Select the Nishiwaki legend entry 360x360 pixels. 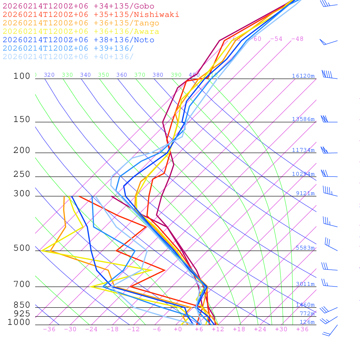[x=91, y=14]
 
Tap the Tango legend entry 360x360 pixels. [x=81, y=23]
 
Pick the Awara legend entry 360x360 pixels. [x=81, y=32]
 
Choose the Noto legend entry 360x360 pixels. [x=78, y=40]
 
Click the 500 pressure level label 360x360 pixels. [x=22, y=248]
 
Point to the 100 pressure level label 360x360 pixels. [x=22, y=76]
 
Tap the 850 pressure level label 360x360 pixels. [x=22, y=305]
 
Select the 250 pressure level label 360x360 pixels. [x=22, y=174]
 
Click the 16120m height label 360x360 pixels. [x=303, y=76]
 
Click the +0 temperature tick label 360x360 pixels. [x=178, y=329]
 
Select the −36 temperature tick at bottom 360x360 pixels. [x=49, y=329]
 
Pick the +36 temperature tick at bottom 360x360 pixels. [x=302, y=329]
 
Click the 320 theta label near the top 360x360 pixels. [x=49, y=75]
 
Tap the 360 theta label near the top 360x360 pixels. [x=122, y=75]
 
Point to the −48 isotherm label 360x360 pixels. [x=297, y=39]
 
